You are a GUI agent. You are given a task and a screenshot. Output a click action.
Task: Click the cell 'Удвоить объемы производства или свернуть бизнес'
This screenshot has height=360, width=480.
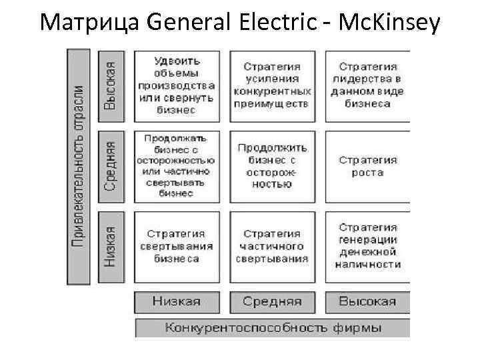(177, 85)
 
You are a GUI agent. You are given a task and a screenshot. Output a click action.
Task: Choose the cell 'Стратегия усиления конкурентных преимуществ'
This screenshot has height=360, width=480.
(272, 85)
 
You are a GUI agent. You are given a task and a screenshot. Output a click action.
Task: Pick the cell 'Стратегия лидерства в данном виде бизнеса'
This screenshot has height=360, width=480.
(367, 85)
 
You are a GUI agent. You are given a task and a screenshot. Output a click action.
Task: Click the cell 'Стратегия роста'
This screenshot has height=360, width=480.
(367, 167)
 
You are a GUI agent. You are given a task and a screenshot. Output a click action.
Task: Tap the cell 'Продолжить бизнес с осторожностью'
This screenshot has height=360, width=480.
(272, 167)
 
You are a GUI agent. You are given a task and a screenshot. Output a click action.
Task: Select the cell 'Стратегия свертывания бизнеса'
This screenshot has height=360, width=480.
(177, 247)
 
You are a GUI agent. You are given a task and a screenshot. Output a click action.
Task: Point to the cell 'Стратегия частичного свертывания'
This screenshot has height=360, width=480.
(272, 247)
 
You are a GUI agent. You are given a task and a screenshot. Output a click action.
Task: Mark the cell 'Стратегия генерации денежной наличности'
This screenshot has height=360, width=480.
(367, 247)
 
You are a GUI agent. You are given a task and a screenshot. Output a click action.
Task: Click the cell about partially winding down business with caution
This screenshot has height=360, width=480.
(177, 167)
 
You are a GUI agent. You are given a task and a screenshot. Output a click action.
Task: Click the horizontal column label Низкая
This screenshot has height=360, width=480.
(177, 301)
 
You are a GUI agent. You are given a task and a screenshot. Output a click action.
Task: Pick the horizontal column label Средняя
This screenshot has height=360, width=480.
(272, 301)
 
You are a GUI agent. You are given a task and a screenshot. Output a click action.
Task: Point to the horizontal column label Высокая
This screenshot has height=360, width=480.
(367, 301)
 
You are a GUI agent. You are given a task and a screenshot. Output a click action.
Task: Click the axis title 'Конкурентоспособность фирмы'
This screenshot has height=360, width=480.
(273, 328)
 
